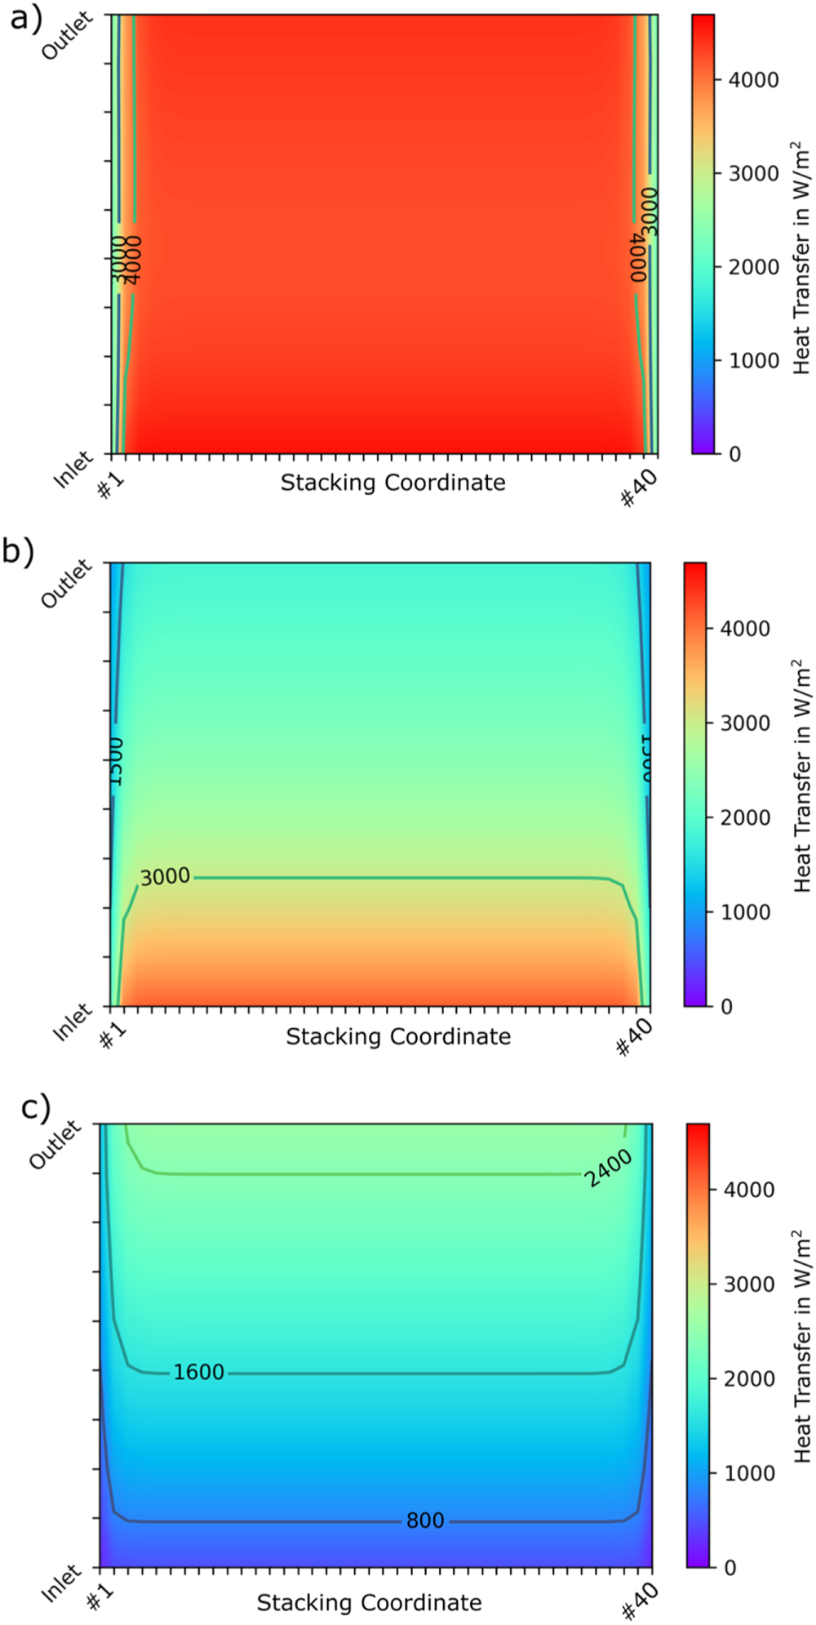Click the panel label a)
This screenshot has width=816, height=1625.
[24, 18]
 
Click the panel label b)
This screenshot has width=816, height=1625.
[18, 552]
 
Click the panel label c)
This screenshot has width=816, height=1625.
[35, 1108]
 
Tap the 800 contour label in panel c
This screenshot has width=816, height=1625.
[425, 1520]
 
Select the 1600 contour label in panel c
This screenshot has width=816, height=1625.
[198, 1372]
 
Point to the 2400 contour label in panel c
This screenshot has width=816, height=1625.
[609, 1168]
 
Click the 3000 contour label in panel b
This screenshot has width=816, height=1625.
[165, 877]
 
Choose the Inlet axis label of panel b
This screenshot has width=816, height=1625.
[72, 1023]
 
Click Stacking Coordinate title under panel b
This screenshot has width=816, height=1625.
[398, 1036]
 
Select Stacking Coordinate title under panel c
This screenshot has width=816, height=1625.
[369, 1602]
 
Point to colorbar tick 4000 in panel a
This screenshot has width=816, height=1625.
[753, 80]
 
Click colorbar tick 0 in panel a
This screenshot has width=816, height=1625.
[734, 454]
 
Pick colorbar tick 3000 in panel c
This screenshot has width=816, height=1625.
[749, 1284]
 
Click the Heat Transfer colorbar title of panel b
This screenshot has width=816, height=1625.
[802, 776]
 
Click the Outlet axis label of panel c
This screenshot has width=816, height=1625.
[55, 1145]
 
